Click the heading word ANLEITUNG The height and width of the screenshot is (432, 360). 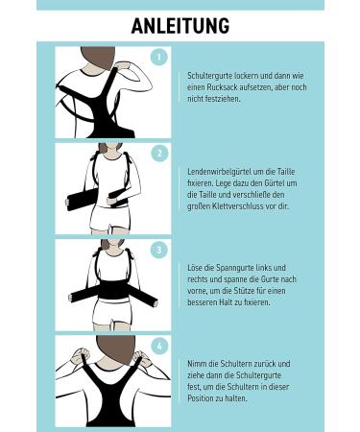pos(180,26)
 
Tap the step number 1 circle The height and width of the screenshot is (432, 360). pos(160,57)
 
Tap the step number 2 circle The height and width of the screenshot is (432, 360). pos(160,154)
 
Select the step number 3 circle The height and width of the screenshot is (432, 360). pos(160,251)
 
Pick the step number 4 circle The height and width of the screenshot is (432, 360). pos(160,345)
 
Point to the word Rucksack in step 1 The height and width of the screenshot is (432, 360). pos(215,84)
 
